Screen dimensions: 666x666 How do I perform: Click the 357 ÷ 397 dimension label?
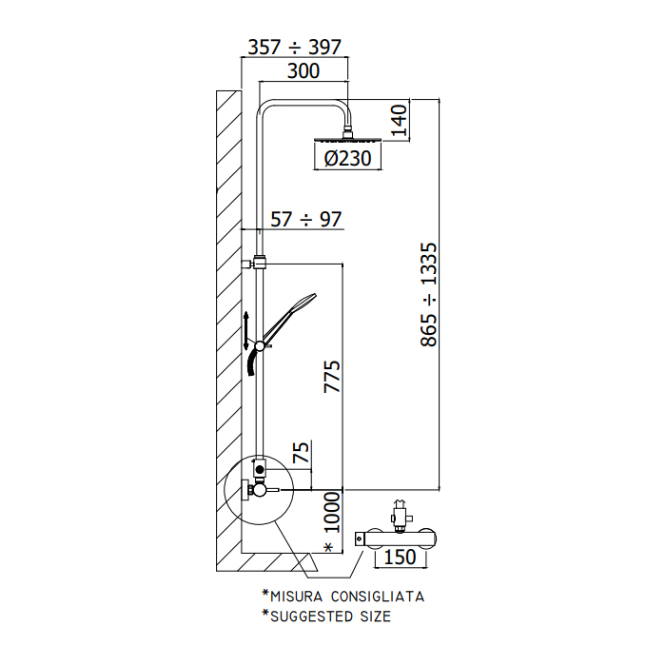point(294,48)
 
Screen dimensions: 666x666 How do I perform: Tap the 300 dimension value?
point(304,71)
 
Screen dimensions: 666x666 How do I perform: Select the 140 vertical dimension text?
point(400,120)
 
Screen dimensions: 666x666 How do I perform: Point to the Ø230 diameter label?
point(347,159)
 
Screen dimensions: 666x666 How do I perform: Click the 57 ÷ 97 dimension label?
point(305,220)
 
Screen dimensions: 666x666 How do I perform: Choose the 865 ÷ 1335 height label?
point(428,294)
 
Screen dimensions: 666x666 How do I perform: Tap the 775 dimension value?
point(332,377)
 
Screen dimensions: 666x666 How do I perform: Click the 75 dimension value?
point(301,452)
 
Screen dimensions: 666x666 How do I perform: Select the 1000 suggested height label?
point(332,512)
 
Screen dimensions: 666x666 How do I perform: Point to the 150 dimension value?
point(400,557)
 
